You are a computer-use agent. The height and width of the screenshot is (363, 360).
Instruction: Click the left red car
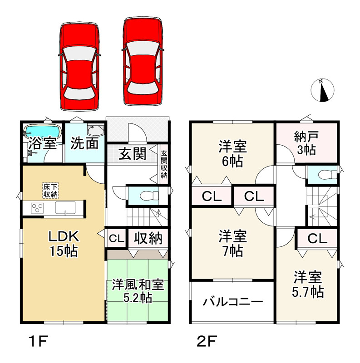(79, 65)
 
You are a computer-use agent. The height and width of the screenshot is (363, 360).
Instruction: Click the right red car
(142, 62)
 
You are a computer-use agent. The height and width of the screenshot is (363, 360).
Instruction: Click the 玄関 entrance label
(132, 154)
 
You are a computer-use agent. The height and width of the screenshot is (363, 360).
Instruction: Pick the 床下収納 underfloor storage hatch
(50, 191)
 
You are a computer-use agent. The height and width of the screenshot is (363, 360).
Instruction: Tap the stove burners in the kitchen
(37, 208)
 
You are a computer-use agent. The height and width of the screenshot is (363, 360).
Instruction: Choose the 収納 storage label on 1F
(146, 238)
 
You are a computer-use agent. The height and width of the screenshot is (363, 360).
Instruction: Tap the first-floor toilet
(148, 196)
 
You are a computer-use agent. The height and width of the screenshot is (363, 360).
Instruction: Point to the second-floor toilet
(327, 174)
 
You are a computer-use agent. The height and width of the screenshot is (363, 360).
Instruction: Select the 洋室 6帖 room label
(232, 153)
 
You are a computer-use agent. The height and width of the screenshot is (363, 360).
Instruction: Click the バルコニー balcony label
(232, 302)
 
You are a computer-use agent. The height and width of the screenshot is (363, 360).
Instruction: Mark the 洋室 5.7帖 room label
(307, 285)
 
